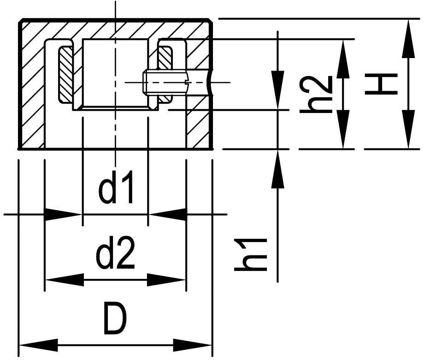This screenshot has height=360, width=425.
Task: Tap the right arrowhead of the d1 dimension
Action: (x=168, y=214)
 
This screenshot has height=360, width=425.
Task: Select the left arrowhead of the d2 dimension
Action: (x=65, y=280)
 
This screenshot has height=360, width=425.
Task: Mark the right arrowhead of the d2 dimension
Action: (x=166, y=280)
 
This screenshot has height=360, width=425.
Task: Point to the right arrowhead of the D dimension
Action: (x=193, y=345)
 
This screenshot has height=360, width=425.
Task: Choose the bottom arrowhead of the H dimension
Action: (x=408, y=130)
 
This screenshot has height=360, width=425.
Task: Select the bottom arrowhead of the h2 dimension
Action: (x=343, y=130)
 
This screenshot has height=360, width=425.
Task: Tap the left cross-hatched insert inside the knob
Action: (x=65, y=74)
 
